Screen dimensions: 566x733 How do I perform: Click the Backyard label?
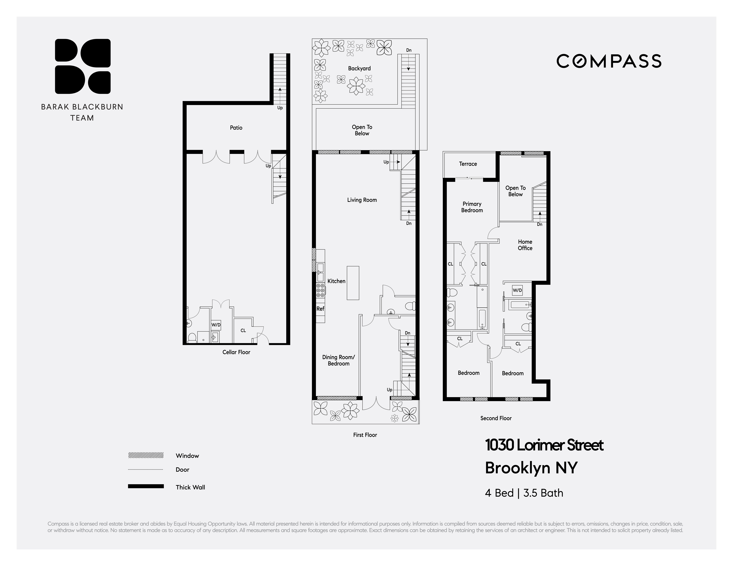(359, 68)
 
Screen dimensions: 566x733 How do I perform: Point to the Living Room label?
(362, 200)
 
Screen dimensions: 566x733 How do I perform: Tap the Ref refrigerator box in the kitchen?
(320, 309)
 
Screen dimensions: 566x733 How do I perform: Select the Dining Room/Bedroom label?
(338, 360)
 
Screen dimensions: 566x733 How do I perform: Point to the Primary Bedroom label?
(472, 207)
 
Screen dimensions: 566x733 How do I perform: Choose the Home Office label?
(525, 245)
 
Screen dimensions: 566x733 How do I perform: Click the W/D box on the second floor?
(517, 290)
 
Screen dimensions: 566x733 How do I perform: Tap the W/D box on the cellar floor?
(216, 325)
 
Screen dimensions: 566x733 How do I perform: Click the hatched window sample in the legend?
(146, 455)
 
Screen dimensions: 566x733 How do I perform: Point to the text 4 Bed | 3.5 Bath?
(524, 493)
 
